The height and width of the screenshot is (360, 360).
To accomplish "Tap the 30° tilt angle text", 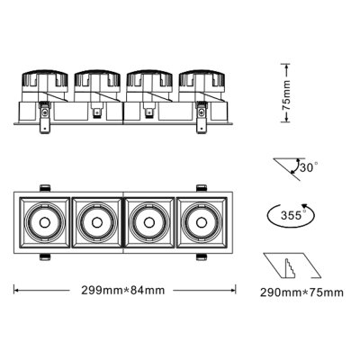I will (308, 167).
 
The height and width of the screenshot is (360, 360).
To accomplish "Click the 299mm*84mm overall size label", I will (125, 291).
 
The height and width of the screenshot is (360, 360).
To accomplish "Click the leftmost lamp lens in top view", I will (42, 220).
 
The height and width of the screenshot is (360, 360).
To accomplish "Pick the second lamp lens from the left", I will (95, 220).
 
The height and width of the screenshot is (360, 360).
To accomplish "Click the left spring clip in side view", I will (43, 121).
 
